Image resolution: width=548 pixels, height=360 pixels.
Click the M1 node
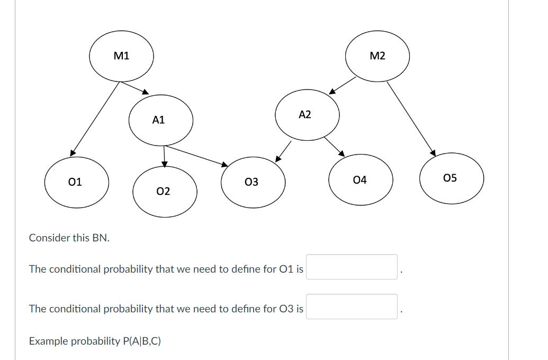(121, 56)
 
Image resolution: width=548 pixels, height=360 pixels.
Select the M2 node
(378, 56)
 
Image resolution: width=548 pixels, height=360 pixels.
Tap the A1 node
(160, 120)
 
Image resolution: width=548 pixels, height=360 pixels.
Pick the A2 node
(307, 114)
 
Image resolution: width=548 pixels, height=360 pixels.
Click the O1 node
(77, 182)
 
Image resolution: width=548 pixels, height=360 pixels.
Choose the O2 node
(165, 191)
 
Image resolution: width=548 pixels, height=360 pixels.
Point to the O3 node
(253, 182)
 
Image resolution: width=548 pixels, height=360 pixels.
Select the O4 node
(361, 181)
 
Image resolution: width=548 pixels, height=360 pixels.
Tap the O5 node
(452, 178)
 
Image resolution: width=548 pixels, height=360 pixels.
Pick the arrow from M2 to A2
(343, 85)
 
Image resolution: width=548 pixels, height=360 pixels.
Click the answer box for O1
(352, 267)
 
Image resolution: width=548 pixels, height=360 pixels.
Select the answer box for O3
(352, 307)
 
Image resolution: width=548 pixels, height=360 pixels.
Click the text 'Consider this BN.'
(69, 238)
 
